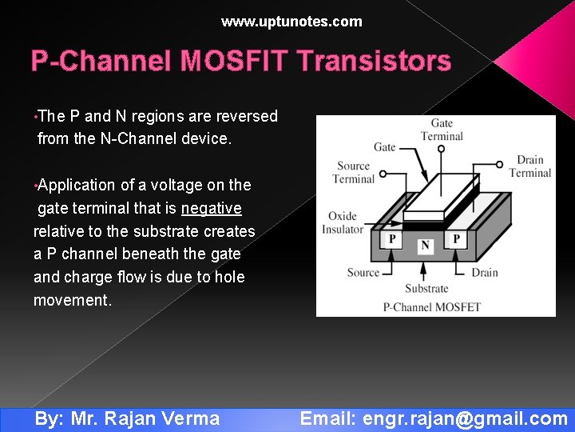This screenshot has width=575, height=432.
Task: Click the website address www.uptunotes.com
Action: pos(291,22)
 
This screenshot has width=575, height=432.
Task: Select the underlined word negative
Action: pos(211,208)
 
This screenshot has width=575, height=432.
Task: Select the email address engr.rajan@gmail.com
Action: pos(465,418)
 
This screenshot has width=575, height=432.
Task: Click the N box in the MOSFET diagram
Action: pos(425,246)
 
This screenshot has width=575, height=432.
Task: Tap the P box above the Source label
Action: pos(392,239)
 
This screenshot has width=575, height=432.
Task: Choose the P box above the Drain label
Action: pos(456,239)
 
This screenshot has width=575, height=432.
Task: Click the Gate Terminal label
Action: pos(442,130)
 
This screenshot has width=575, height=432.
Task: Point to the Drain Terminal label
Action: pos(529,166)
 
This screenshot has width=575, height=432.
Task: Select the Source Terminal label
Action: pos(353,172)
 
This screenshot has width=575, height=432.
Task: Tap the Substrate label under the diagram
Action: pos(426,289)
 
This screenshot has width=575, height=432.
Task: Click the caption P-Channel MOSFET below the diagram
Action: pos(431,306)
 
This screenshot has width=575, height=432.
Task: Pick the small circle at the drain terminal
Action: pos(500,166)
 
